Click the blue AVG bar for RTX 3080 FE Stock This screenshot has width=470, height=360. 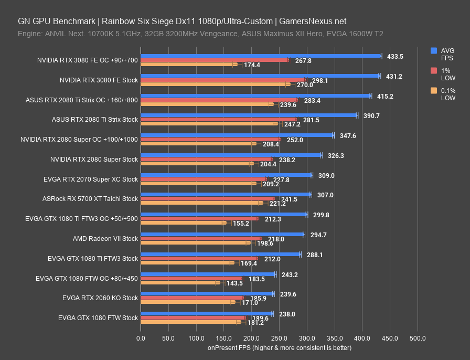coord(260,76)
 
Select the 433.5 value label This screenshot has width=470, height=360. coord(396,56)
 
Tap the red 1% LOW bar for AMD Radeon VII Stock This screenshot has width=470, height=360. coord(200,239)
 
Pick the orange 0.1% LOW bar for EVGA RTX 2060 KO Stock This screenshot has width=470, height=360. coord(186,303)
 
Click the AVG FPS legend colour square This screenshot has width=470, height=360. coord(434,51)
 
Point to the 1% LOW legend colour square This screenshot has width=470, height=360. coord(434,71)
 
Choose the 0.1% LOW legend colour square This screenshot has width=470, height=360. coord(434,91)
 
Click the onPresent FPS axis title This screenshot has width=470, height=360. coord(279,347)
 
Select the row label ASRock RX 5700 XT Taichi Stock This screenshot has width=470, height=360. coord(90,199)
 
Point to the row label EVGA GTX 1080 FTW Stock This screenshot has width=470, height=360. coord(98,317)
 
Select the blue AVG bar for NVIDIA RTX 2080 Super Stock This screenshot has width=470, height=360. coord(231,155)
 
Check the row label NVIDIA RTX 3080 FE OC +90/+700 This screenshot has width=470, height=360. coord(88,60)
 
